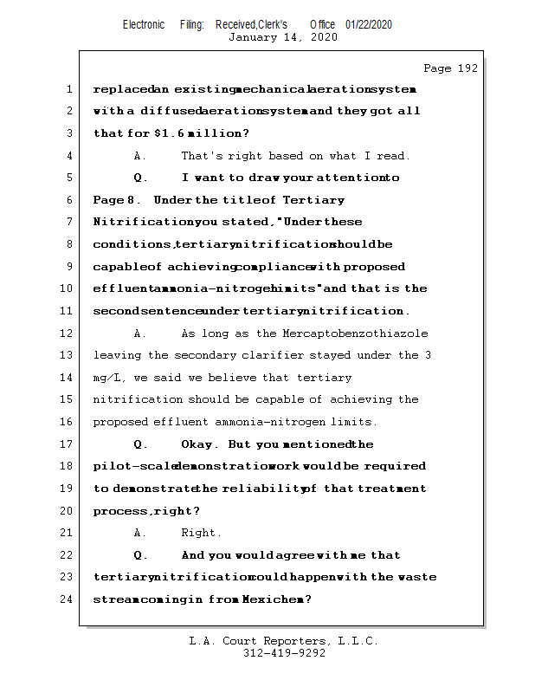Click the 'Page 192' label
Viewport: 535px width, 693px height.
[450, 68]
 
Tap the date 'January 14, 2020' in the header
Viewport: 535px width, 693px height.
[282, 37]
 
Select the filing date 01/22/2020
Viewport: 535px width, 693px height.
[369, 24]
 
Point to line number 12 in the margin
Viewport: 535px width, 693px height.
[68, 334]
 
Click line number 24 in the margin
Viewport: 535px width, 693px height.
[68, 599]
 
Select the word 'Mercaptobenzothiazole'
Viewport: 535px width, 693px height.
[355, 334]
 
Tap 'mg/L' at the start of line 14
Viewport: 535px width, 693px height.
[106, 378]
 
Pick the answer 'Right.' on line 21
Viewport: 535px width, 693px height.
[201, 533]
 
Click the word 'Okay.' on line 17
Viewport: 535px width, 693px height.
[200, 444]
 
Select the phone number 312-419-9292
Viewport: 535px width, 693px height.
[284, 654]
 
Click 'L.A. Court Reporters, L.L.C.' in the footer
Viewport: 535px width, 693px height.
[283, 642]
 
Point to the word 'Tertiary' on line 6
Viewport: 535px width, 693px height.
[313, 200]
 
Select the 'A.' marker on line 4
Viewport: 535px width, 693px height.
[140, 156]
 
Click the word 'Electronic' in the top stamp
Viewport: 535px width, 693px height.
[144, 24]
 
